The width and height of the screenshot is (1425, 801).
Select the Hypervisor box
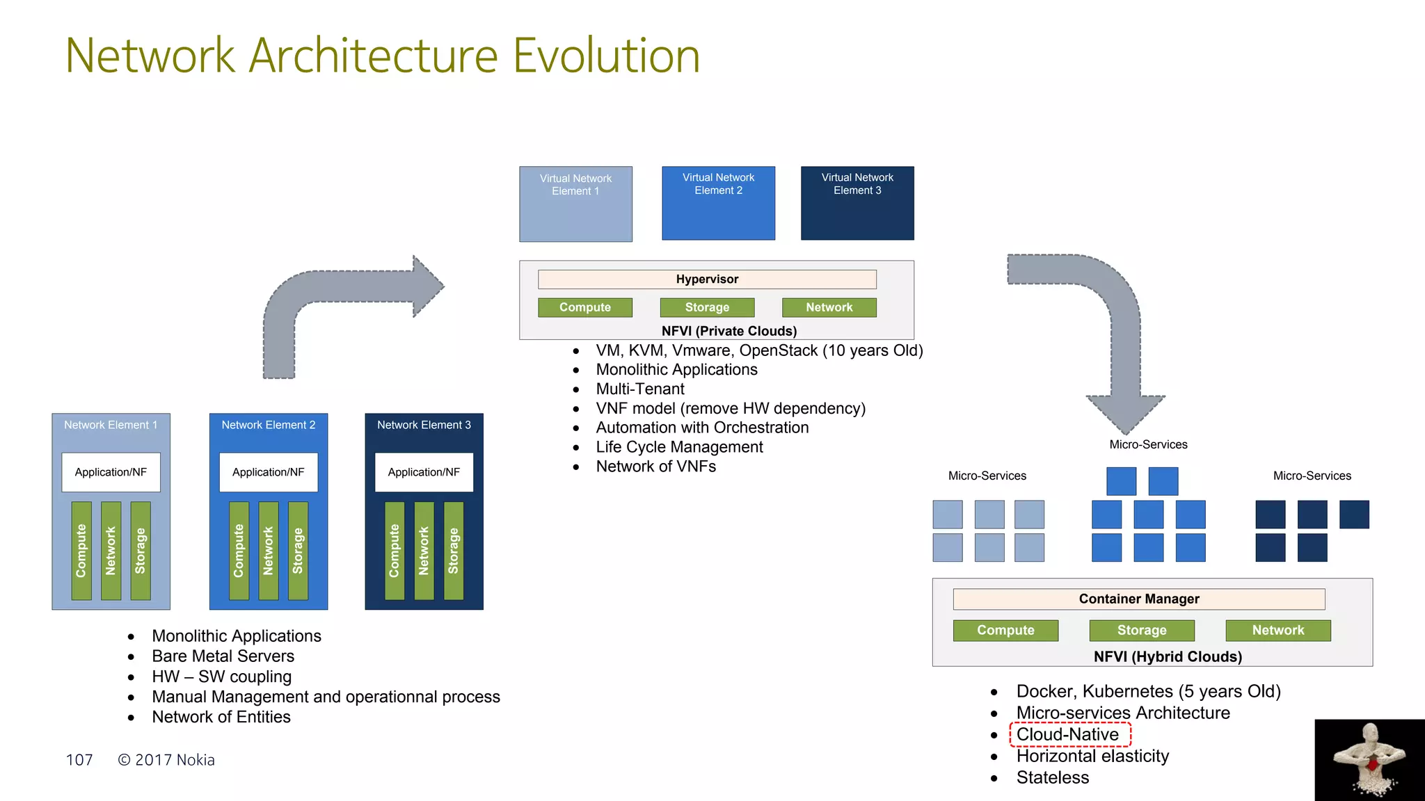point(707,279)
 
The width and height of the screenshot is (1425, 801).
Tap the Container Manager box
point(1138,599)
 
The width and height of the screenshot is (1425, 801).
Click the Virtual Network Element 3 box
point(857,203)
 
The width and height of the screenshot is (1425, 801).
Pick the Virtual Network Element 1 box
point(575,204)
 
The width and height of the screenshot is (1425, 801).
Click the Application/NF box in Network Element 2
point(269,472)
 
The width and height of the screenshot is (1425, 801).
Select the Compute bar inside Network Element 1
point(81,551)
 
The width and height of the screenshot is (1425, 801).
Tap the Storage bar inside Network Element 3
point(454,551)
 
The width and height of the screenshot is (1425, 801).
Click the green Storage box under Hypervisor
point(707,307)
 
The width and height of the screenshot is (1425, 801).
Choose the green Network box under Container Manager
point(1277,630)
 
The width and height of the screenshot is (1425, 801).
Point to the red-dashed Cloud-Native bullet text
point(1068,734)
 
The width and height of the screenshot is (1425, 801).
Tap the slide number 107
point(79,760)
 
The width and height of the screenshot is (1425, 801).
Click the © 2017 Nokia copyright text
point(166,760)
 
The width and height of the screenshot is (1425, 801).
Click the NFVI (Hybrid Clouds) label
point(1168,656)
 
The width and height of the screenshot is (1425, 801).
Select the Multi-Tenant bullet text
point(640,389)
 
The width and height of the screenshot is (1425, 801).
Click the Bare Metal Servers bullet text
point(223,656)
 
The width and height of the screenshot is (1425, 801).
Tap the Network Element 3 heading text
point(424,425)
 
